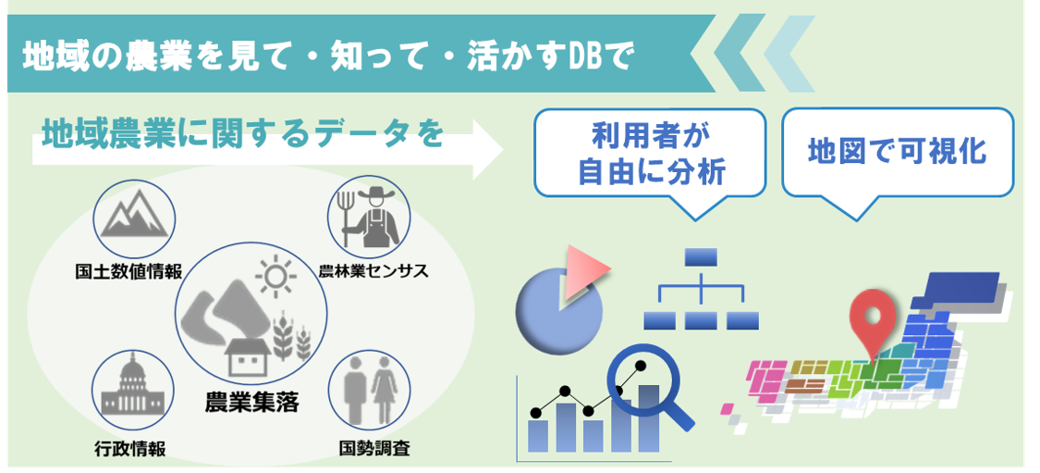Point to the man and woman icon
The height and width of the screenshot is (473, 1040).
click(369, 391)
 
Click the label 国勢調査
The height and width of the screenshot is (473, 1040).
click(373, 449)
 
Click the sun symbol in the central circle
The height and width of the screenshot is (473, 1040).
click(275, 276)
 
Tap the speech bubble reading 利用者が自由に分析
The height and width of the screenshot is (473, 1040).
click(651, 153)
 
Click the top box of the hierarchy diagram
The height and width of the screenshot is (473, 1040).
click(701, 256)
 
